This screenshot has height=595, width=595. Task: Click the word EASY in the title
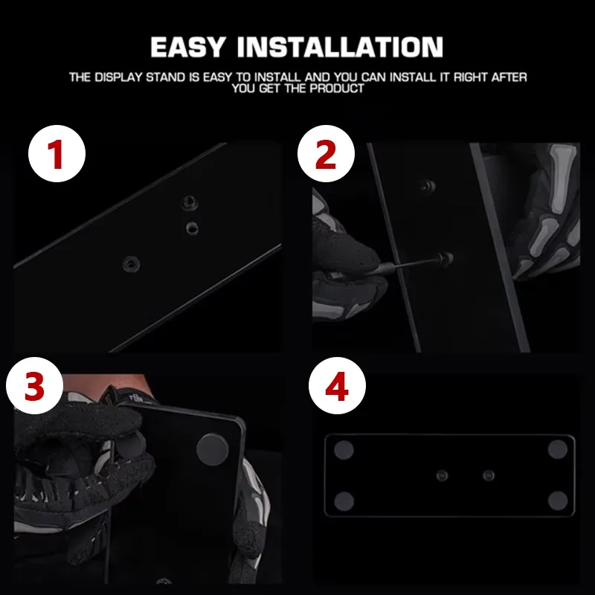click(188, 47)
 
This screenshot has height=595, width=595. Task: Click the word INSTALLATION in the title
click(341, 47)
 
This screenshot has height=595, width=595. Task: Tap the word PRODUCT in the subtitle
click(337, 89)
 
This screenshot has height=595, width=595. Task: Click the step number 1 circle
click(57, 154)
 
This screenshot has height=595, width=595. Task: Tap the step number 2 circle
click(326, 154)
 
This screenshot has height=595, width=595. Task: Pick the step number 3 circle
click(34, 385)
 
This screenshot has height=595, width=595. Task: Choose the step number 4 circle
click(338, 385)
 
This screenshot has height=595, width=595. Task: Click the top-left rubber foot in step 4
click(344, 450)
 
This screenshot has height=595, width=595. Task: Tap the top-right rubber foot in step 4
click(558, 449)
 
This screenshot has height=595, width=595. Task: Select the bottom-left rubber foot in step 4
click(344, 501)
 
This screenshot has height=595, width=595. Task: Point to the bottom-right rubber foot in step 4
click(558, 501)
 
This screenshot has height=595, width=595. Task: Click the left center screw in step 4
click(442, 475)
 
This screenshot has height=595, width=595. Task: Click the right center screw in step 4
click(489, 475)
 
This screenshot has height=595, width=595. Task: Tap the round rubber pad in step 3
click(213, 450)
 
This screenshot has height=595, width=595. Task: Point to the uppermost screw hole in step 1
click(190, 202)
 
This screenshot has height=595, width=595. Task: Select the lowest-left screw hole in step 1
click(132, 263)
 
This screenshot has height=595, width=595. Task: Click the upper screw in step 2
click(428, 186)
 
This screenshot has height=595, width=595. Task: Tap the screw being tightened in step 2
click(445, 259)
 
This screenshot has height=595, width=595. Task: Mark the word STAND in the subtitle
click(166, 77)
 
